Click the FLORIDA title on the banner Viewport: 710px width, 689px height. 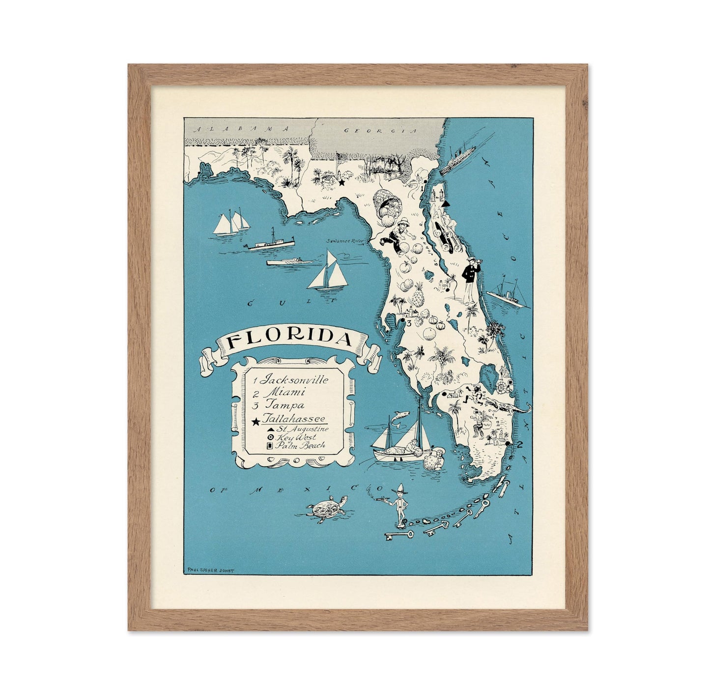click(290, 340)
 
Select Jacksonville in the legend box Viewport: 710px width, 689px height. click(295, 379)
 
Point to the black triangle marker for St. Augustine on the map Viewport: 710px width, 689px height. click(446, 203)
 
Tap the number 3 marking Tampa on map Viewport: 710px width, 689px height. click(408, 323)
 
